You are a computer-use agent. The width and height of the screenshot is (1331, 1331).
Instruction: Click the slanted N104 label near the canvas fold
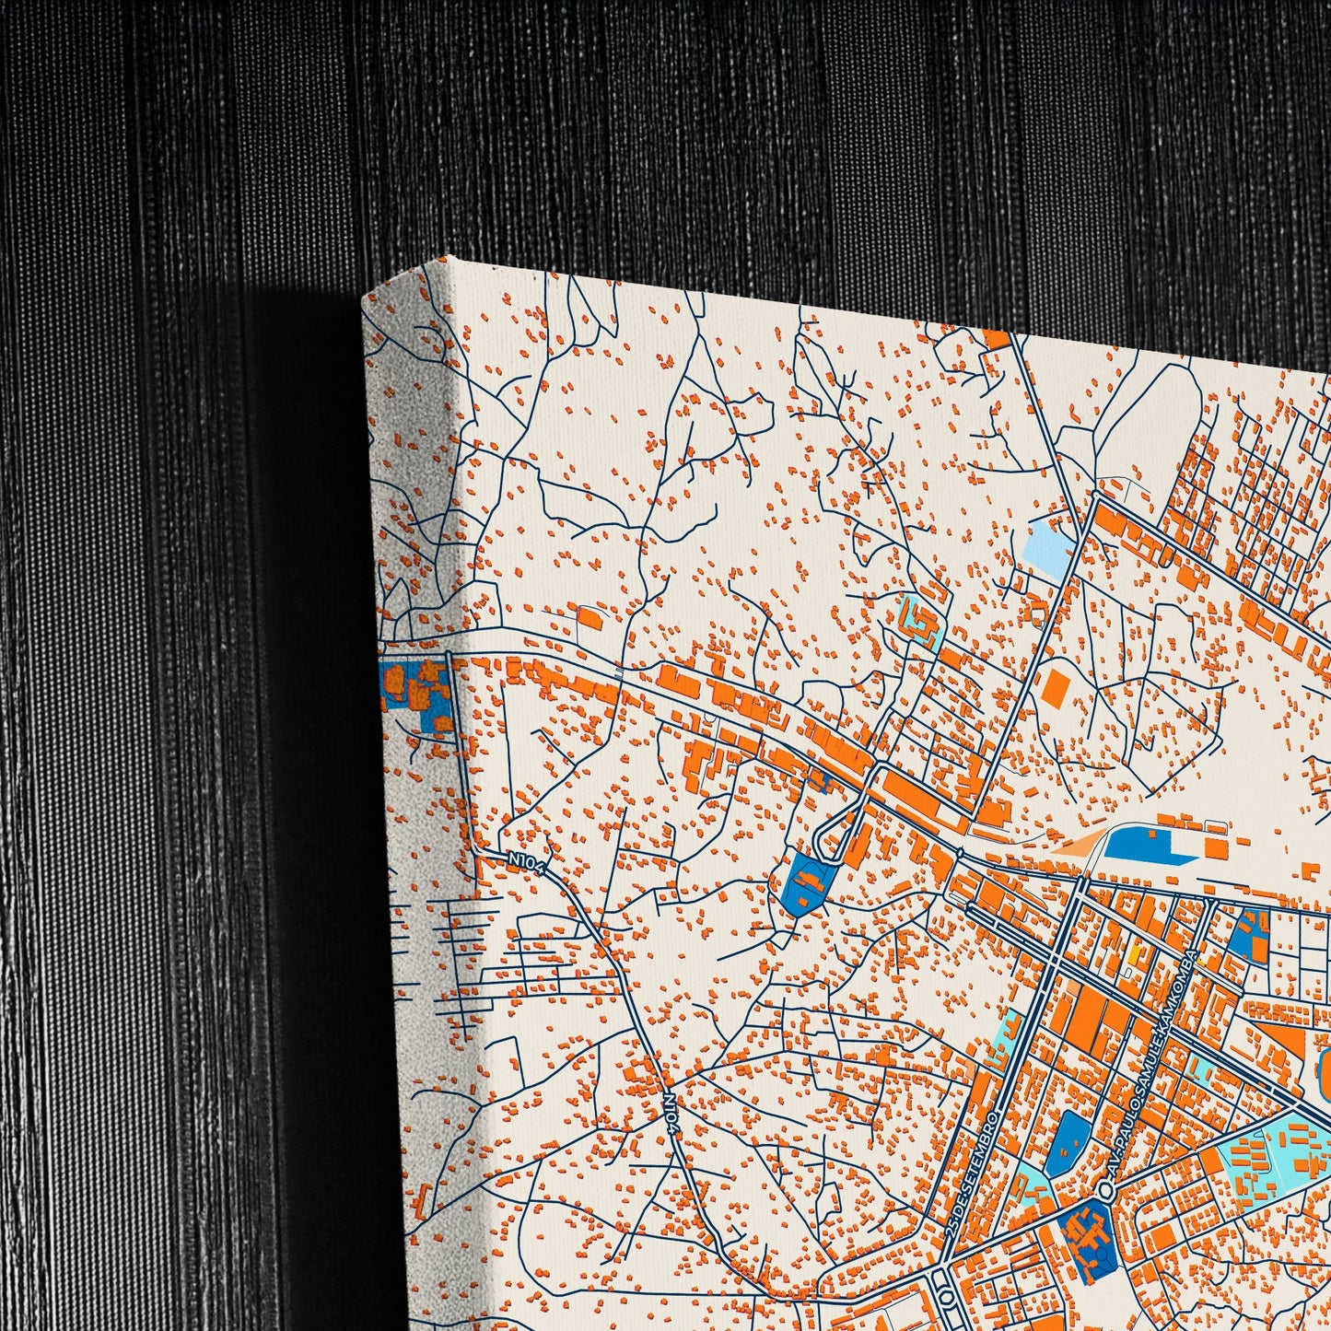tap(528, 861)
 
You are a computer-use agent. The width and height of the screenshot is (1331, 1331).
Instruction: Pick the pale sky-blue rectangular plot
tap(1050, 543)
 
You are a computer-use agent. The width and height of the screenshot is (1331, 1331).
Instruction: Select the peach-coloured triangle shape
tap(1079, 844)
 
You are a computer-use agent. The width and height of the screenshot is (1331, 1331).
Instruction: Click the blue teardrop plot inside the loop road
tap(805, 883)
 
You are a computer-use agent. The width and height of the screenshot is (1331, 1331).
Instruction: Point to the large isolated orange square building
tap(1057, 687)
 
